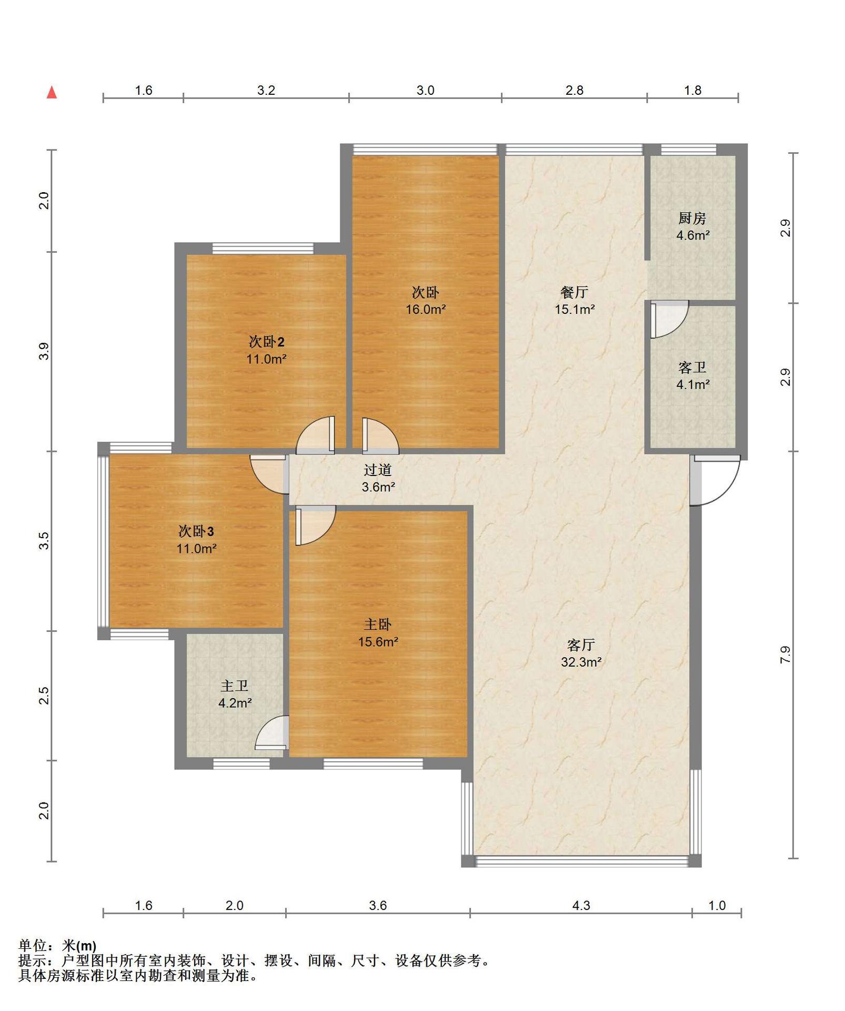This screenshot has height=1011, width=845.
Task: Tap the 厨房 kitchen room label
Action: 692,218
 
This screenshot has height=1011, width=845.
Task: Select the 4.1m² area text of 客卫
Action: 693,385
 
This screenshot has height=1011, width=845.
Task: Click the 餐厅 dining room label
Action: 575,292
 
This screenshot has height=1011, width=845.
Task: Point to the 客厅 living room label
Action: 581,645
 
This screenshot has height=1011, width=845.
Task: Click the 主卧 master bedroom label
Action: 378,625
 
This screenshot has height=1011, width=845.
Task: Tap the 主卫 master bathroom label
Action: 235,686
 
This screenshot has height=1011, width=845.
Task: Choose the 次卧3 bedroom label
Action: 196,531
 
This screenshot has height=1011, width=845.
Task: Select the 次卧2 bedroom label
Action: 267,342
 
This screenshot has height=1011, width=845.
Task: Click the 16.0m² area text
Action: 426,310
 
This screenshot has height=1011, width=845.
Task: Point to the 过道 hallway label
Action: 378,470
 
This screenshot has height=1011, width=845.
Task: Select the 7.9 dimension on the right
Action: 785,655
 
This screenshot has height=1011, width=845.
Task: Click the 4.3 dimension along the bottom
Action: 581,905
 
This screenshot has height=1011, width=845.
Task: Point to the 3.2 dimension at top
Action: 266,90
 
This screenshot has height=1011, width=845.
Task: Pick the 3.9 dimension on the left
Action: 45,351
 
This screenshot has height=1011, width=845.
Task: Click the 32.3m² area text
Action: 581,662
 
